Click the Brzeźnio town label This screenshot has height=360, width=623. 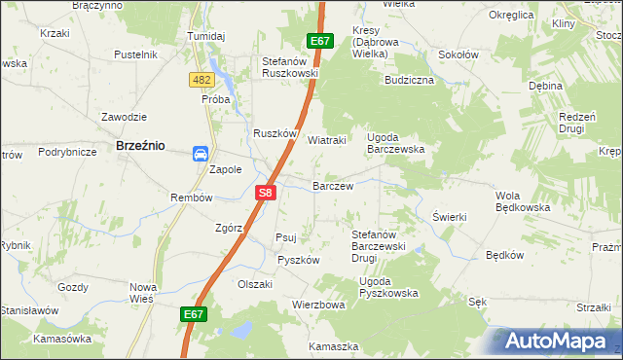tap(139, 144)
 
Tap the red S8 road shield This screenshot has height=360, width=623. tap(266, 194)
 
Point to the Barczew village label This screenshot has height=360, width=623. tap(331, 184)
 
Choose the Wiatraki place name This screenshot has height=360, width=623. tap(327, 139)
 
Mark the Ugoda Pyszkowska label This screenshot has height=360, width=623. tap(387, 287)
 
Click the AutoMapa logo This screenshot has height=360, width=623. tap(558, 341)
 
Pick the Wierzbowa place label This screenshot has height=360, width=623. tap(318, 305)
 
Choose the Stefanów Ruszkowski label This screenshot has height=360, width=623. tap(290, 66)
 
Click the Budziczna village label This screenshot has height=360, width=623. tap(409, 80)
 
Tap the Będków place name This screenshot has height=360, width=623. tap(504, 256)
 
